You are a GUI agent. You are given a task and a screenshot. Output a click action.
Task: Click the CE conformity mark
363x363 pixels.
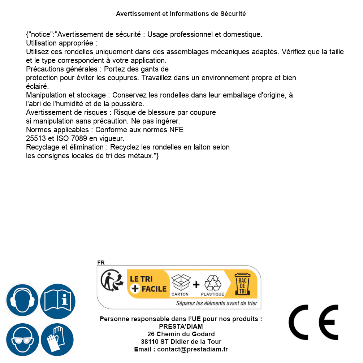coord(314,322)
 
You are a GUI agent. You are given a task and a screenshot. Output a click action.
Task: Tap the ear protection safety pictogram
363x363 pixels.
coord(22,301)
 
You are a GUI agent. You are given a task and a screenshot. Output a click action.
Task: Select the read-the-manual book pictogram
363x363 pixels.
coord(57,301)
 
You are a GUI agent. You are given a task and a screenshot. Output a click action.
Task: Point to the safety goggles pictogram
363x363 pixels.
coord(22,340)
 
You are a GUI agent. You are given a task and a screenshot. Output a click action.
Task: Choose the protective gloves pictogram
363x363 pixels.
coord(57,340)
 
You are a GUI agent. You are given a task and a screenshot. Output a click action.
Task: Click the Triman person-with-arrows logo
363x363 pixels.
coord(111,282)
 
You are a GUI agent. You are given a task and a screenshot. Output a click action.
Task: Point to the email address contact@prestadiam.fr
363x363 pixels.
coord(193,349)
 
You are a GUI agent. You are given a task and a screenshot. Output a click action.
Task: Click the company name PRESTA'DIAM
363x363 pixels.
coord(181,327)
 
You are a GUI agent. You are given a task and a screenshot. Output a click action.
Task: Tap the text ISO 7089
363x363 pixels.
coord(70,138)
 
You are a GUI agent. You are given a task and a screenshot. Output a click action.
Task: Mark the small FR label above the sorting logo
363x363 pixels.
coord(101,263)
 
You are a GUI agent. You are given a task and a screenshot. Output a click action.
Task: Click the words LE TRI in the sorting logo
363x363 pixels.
coord(142,279)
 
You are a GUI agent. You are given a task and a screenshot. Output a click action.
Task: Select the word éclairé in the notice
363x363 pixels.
coord(37,86)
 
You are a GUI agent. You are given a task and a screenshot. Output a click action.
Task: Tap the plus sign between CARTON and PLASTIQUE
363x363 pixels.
coord(196,284)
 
